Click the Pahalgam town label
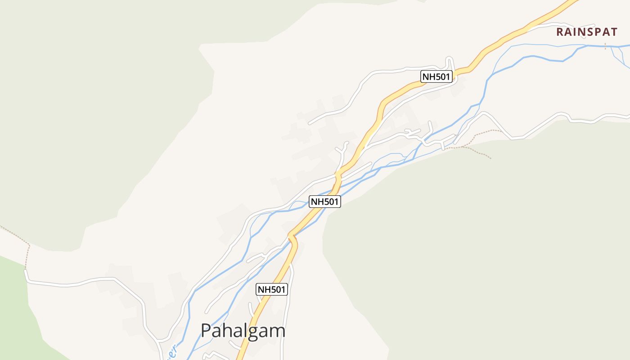coord(243,331)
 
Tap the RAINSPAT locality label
coord(587,32)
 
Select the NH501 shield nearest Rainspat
coord(436,76)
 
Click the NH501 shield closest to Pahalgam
coord(272,289)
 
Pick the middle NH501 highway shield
coord(324,201)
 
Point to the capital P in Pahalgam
coord(206,331)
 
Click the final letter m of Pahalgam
coord(277,332)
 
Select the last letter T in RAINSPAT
coord(613,32)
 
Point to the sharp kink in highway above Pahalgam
coord(292,235)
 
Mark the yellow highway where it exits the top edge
coord(571,2)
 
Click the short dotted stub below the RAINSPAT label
coord(605,46)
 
